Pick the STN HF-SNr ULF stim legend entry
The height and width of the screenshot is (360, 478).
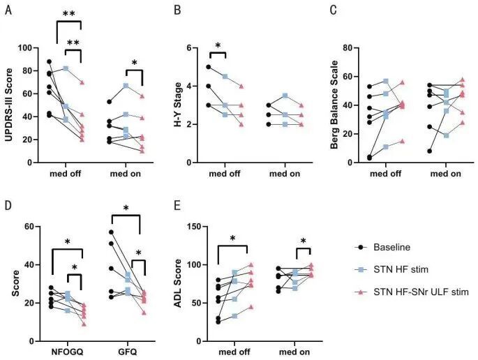pyautogui.click(x=419, y=292)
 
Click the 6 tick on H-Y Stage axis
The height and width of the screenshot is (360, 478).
pyautogui.click(x=207, y=47)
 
